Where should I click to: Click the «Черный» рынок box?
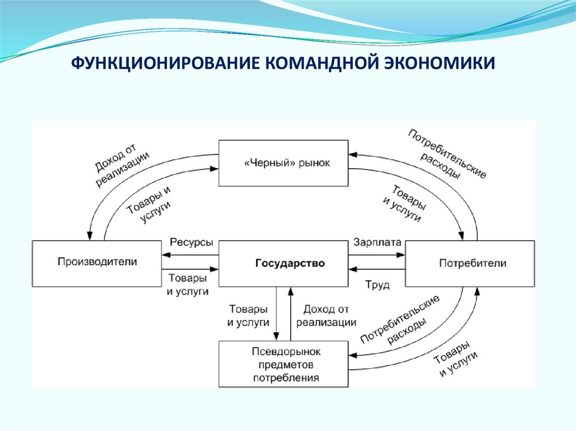point(283,163)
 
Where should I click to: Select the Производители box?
point(97,262)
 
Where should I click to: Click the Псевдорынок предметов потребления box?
point(283,364)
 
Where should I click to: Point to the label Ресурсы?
point(191,243)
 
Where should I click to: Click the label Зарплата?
point(377,243)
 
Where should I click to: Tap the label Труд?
point(377,285)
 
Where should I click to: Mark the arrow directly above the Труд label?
point(376,270)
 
